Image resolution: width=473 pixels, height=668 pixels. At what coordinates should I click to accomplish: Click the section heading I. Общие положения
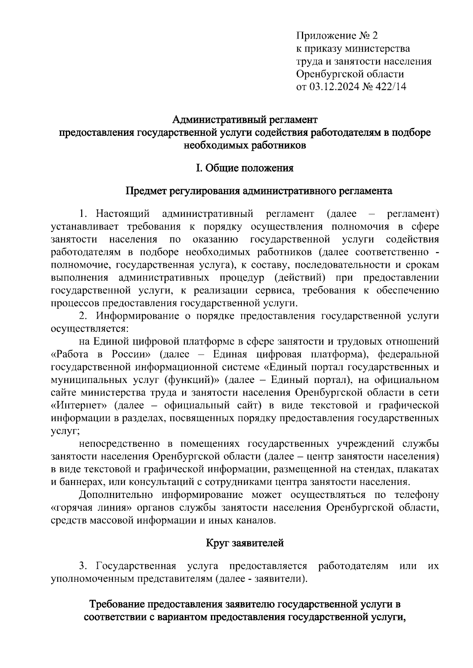tap(245, 168)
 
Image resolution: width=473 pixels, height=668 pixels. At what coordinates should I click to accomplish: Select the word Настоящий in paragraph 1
tap(123, 214)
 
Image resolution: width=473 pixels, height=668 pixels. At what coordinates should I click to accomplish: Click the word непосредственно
tap(119, 444)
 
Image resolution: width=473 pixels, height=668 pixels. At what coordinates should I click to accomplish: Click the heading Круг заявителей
tap(245, 544)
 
